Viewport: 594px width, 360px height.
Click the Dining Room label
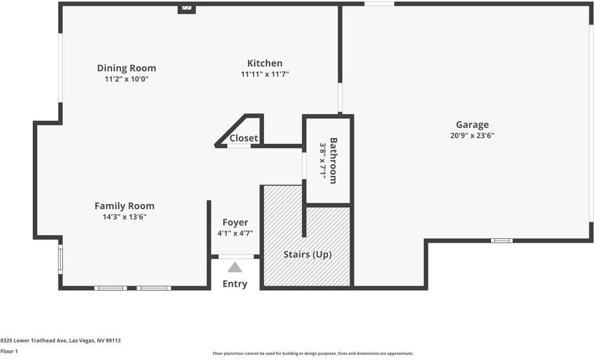click(x=126, y=68)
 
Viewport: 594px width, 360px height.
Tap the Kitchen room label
click(x=265, y=63)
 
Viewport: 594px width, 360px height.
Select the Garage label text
click(x=472, y=124)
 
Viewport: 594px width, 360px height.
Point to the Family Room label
click(x=124, y=206)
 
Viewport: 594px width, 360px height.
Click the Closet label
click(x=244, y=138)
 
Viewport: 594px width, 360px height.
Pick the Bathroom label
click(x=333, y=161)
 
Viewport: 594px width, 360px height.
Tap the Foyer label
click(x=235, y=222)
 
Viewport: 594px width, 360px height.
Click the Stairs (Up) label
click(x=307, y=254)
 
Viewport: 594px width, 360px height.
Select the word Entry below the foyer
click(x=235, y=284)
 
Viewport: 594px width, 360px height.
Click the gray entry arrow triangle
click(x=235, y=267)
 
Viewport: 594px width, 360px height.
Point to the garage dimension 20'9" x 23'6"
click(x=472, y=136)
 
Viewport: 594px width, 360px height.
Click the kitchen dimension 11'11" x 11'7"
click(x=265, y=74)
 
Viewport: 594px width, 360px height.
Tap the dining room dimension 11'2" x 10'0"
click(x=126, y=79)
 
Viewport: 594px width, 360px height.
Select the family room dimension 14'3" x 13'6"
click(x=124, y=217)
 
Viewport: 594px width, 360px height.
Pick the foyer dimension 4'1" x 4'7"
click(x=235, y=233)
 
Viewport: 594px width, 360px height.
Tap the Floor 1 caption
click(x=9, y=352)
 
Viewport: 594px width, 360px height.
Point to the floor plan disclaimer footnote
click(x=313, y=354)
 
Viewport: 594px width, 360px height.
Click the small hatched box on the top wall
click(x=186, y=8)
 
